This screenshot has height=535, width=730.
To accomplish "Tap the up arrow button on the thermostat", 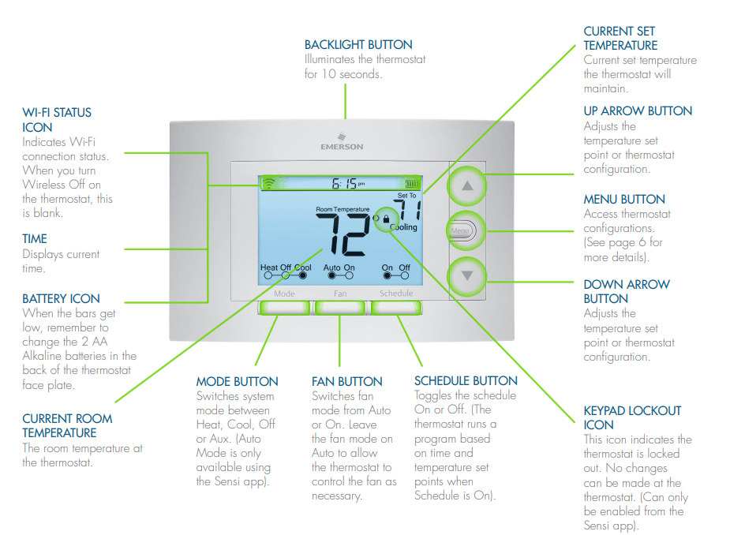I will (467, 187).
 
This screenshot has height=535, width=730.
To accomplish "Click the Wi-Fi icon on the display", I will (269, 183).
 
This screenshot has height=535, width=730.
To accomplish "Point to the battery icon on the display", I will (411, 183).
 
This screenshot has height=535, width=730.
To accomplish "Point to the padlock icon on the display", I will (386, 219).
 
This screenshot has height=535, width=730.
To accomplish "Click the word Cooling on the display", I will (403, 227).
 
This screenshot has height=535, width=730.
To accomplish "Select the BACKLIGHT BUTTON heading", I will (358, 45).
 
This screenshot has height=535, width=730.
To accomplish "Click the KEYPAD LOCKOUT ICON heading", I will (632, 417).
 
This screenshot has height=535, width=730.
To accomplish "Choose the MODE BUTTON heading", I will (237, 382).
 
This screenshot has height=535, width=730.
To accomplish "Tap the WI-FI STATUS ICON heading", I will (57, 120).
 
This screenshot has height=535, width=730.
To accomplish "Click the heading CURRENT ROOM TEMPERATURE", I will (67, 425).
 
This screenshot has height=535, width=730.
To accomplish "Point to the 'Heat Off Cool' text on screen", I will (286, 267).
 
